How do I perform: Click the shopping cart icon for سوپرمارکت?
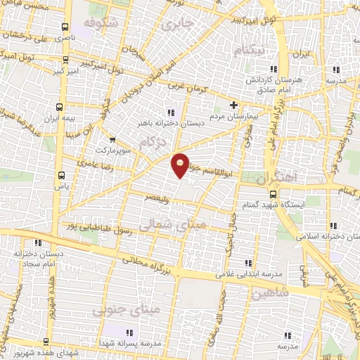click(x=110, y=139)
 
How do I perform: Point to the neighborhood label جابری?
click(x=176, y=25)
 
